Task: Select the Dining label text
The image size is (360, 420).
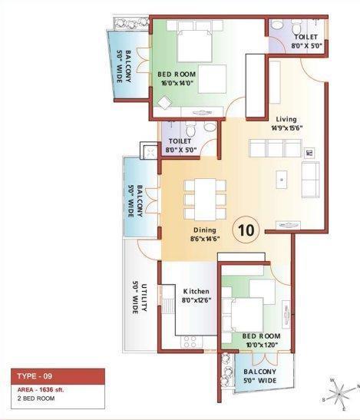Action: [203, 230]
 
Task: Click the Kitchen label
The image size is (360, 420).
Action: [196, 291]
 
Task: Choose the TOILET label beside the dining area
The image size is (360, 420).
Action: [180, 146]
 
